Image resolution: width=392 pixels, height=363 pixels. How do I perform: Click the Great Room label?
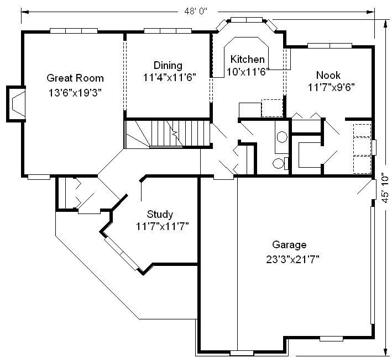(75, 78)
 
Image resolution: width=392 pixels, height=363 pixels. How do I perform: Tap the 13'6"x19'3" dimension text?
(75, 93)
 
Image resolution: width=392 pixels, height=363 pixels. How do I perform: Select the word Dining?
(168, 65)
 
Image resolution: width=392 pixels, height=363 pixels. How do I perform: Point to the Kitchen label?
(247, 60)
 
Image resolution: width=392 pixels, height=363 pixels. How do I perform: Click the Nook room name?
(328, 75)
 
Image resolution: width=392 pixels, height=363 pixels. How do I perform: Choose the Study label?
(160, 214)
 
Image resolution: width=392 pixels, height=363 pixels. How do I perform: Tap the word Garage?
(289, 245)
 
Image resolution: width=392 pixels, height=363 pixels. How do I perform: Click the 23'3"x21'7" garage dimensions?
(292, 259)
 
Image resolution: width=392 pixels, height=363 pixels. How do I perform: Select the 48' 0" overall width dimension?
(196, 11)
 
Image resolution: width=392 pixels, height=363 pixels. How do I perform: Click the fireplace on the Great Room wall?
(15, 104)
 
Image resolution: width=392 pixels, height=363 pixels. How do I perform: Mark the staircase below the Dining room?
(167, 134)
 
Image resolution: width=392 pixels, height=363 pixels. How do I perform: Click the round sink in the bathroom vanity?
(282, 137)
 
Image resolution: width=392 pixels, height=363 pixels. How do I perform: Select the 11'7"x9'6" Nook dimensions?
(331, 87)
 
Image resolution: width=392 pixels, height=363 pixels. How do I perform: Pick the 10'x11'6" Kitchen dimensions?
(247, 72)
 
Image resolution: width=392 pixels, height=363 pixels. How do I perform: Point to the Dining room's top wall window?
(168, 31)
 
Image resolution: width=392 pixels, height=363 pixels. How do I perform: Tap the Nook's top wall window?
(330, 46)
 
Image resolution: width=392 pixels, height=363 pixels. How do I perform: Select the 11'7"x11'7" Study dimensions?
(162, 227)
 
